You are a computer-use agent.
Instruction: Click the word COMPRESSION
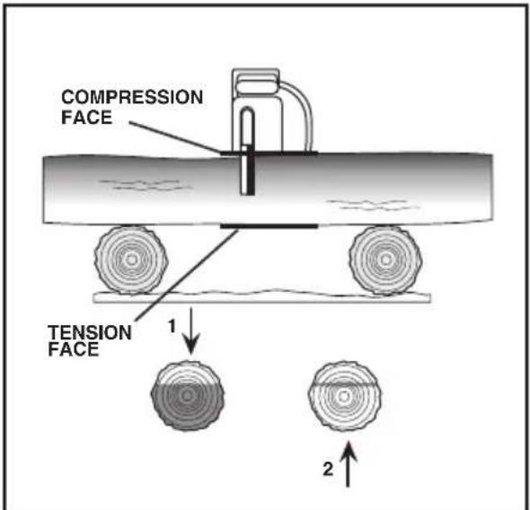click(132, 97)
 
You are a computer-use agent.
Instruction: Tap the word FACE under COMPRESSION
click(86, 118)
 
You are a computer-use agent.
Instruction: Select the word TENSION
click(90, 333)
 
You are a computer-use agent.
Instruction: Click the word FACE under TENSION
click(74, 349)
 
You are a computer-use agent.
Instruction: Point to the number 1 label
click(172, 327)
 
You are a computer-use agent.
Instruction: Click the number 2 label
click(328, 469)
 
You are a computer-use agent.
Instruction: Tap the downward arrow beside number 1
click(191, 330)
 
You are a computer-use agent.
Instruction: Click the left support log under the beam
click(131, 260)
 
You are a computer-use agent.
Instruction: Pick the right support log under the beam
click(385, 260)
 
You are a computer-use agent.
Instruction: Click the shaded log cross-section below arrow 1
click(187, 396)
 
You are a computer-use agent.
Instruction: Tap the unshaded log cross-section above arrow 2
click(344, 396)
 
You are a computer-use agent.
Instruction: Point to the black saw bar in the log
click(251, 171)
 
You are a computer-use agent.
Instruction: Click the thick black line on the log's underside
click(269, 226)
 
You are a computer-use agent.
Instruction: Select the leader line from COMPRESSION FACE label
click(175, 137)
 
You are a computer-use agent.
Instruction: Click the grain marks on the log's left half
click(146, 185)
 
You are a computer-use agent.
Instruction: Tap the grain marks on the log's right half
click(375, 205)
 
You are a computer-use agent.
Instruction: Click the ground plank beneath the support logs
click(261, 296)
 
